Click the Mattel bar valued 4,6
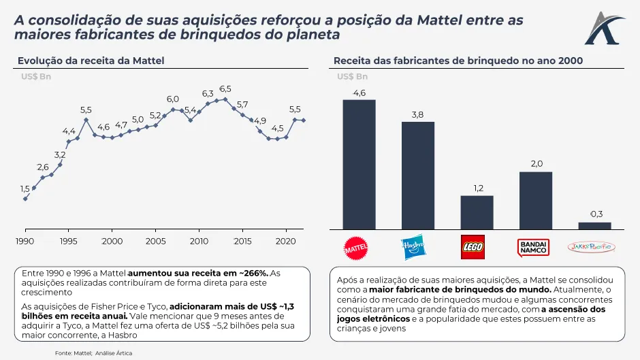point(359,165)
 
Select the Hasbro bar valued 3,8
point(418,176)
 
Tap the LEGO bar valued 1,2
point(477,212)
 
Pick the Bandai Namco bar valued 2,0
point(536,200)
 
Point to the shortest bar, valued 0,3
point(594,226)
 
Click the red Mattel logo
point(358,248)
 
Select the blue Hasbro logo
point(413,247)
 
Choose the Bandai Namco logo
point(534,247)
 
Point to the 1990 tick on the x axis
point(25,241)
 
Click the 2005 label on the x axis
point(155,241)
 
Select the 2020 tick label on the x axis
point(285,241)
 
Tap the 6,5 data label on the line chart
point(225,89)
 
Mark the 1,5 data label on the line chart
point(25,189)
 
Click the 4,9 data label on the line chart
point(260,120)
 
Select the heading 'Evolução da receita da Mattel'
point(91,61)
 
